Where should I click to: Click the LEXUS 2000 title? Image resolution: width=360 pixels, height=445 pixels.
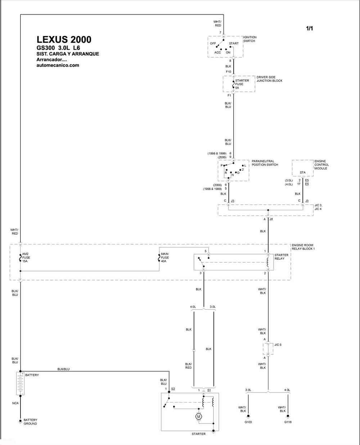pyautogui.click(x=64, y=40)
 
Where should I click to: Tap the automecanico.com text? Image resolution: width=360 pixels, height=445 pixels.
pyautogui.click(x=58, y=65)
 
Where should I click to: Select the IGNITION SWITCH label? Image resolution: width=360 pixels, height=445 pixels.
pyautogui.click(x=250, y=39)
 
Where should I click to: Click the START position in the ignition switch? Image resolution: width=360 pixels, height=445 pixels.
pyautogui.click(x=234, y=44)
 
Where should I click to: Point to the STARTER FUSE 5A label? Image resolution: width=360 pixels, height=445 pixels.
pyautogui.click(x=242, y=84)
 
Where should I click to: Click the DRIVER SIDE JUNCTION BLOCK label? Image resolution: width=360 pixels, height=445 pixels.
pyautogui.click(x=269, y=79)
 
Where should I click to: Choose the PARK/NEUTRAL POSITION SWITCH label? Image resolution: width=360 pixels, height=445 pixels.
pyautogui.click(x=265, y=163)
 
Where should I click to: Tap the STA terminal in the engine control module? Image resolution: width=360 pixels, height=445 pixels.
pyautogui.click(x=302, y=172)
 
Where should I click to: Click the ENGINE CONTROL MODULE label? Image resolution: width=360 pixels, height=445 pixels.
pyautogui.click(x=321, y=165)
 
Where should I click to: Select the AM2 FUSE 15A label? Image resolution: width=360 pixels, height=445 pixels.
pyautogui.click(x=26, y=257)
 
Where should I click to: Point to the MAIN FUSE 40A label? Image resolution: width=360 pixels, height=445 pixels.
pyautogui.click(x=165, y=257)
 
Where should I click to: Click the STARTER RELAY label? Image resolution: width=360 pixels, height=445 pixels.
pyautogui.click(x=281, y=257)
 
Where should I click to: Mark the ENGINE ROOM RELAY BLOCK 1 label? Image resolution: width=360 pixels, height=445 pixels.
pyautogui.click(x=303, y=247)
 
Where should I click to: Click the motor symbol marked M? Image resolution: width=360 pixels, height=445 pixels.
pyautogui.click(x=198, y=417)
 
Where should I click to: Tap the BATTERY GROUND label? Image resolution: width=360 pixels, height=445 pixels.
pyautogui.click(x=30, y=422)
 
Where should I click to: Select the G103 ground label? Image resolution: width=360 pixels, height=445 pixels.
pyautogui.click(x=248, y=422)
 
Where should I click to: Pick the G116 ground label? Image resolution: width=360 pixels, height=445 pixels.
pyautogui.click(x=288, y=422)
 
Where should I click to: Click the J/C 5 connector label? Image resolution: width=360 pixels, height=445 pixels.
pyautogui.click(x=278, y=345)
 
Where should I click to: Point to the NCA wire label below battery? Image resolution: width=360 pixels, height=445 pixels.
pyautogui.click(x=15, y=403)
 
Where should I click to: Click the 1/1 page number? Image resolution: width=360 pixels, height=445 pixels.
pyautogui.click(x=310, y=28)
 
